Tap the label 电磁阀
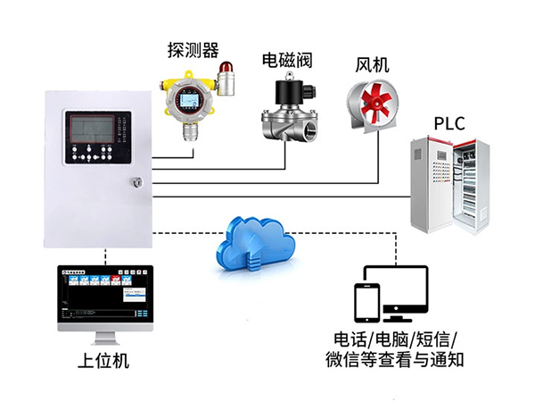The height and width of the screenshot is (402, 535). tap(285, 60)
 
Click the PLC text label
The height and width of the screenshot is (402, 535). tap(449, 122)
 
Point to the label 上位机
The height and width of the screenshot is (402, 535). tap(104, 362)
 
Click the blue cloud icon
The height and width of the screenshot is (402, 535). tap(254, 241)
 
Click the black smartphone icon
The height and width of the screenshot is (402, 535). tap(366, 301)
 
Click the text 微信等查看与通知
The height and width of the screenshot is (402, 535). tap(394, 361)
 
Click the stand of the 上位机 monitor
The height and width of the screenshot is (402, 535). tap(104, 337)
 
